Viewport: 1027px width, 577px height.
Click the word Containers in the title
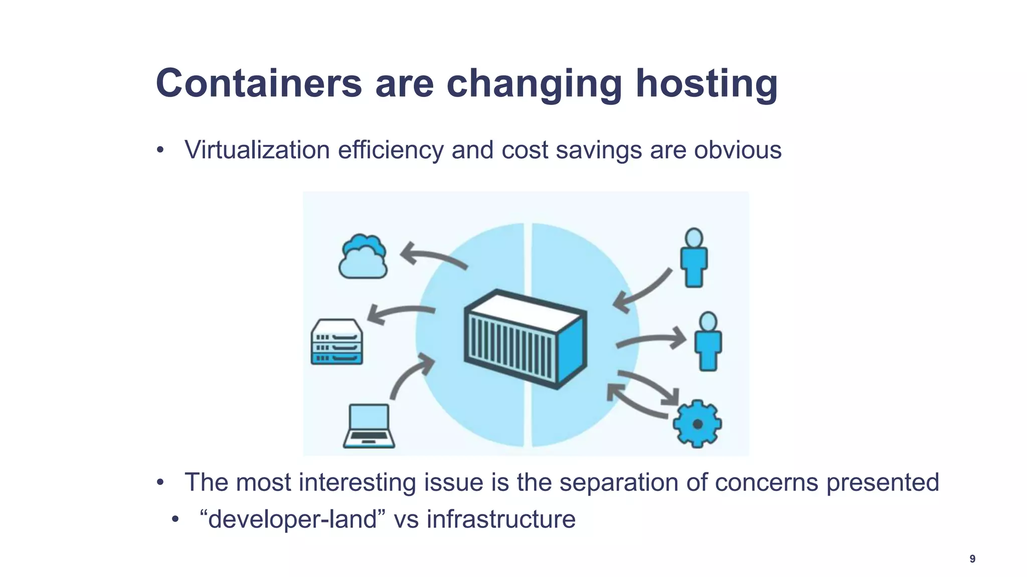click(259, 83)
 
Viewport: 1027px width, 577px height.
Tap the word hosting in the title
click(707, 84)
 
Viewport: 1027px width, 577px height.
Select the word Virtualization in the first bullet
click(257, 150)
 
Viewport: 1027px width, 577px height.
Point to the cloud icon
click(363, 256)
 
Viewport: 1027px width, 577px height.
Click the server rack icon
click(336, 342)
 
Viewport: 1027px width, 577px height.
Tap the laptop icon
click(369, 426)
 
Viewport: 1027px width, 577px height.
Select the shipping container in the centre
click(525, 339)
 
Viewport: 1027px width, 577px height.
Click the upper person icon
click(694, 258)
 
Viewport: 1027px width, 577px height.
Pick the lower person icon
click(708, 342)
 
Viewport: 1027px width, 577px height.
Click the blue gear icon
click(697, 424)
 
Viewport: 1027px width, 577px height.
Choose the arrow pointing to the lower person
click(652, 340)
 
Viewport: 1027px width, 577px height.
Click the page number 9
click(972, 559)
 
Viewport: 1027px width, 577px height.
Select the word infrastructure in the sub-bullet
click(501, 519)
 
